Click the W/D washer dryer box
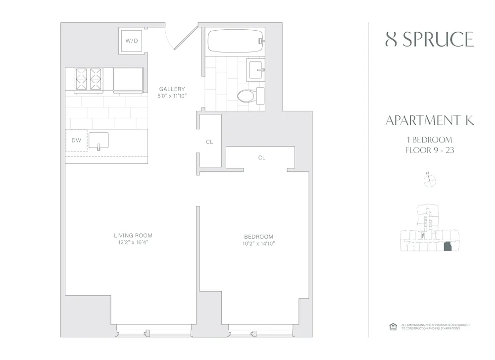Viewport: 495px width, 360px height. pyautogui.click(x=131, y=40)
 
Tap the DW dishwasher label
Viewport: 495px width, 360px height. pyautogui.click(x=76, y=141)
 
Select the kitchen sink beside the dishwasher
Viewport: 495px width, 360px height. pyautogui.click(x=99, y=140)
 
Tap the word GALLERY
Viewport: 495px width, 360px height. pyautogui.click(x=172, y=89)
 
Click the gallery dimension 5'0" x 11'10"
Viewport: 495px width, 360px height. pyautogui.click(x=172, y=96)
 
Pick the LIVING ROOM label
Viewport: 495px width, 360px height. pyautogui.click(x=133, y=236)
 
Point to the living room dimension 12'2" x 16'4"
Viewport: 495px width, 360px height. pyautogui.click(x=133, y=243)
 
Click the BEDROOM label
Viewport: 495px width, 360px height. pyautogui.click(x=258, y=237)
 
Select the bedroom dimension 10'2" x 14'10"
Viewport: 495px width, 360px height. pyautogui.click(x=258, y=244)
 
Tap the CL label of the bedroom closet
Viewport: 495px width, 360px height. pyautogui.click(x=261, y=158)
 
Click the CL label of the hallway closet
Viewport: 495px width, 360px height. pyautogui.click(x=209, y=142)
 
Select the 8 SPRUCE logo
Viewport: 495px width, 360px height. pyautogui.click(x=429, y=40)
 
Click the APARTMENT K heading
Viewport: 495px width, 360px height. pyautogui.click(x=429, y=121)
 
